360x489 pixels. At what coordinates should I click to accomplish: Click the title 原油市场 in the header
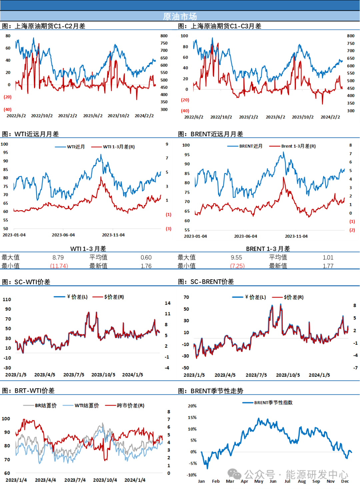(x=180, y=16)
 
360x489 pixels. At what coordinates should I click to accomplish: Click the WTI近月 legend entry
(x=76, y=147)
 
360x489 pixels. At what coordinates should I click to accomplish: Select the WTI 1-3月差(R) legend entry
(x=119, y=147)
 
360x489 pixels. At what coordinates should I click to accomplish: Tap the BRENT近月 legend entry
(x=251, y=146)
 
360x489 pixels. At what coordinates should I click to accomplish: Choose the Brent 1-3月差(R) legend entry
(x=298, y=146)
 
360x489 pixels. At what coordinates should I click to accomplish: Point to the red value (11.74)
(x=59, y=266)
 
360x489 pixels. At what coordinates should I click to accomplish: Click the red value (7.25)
(x=238, y=266)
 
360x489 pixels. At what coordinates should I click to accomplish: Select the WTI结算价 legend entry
(x=87, y=406)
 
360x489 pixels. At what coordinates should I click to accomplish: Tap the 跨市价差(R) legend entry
(x=130, y=406)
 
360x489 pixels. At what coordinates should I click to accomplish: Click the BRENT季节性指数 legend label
(x=273, y=403)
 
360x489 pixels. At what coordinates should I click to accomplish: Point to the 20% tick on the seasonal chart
(x=192, y=406)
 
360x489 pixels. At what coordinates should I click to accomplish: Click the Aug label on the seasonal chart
(x=302, y=481)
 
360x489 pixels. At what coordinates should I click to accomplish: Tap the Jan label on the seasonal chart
(x=201, y=481)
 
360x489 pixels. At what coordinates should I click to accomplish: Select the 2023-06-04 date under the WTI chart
(x=63, y=235)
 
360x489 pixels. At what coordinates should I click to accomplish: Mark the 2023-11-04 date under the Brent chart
(x=296, y=236)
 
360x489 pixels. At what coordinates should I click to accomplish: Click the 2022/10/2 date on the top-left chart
(x=42, y=116)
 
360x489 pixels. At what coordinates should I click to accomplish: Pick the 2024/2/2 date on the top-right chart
(x=330, y=117)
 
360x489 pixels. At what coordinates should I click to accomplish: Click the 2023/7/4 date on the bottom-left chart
(x=75, y=480)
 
